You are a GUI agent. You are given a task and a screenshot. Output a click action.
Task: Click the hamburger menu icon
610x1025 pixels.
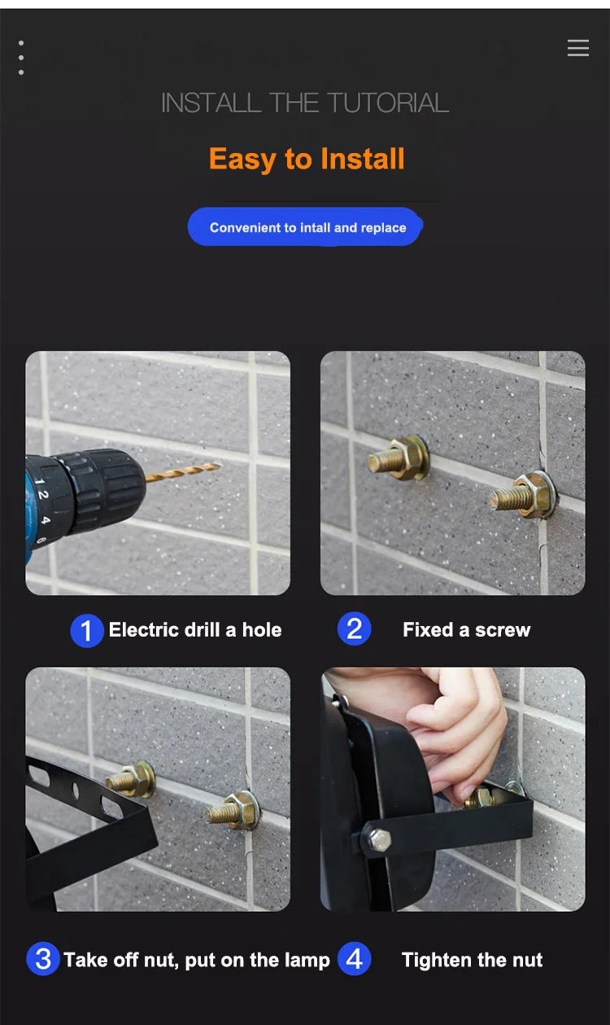(578, 47)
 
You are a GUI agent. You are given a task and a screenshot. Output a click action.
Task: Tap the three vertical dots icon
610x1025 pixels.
(21, 58)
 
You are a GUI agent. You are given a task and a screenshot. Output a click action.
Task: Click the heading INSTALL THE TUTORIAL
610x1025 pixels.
(305, 103)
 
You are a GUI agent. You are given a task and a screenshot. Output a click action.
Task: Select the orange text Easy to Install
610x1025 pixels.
(307, 159)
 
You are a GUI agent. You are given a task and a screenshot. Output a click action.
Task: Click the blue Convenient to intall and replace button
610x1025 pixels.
(305, 227)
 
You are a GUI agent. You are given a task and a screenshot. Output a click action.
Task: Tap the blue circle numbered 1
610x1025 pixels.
(87, 631)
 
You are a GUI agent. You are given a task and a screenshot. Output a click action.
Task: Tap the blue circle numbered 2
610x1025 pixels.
(355, 629)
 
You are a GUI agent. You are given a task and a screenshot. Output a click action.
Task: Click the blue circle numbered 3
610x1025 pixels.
(43, 959)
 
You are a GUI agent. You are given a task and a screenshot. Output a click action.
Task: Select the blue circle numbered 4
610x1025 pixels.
(355, 958)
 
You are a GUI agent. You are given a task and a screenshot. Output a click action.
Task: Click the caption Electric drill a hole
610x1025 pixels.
(195, 630)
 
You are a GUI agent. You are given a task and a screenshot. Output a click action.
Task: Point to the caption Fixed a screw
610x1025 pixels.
(466, 630)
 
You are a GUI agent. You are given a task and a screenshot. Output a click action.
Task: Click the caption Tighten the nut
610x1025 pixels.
(472, 960)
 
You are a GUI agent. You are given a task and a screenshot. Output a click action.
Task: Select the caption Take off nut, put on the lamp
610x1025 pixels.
(197, 960)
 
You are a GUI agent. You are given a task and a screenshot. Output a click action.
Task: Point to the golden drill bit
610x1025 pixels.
(183, 471)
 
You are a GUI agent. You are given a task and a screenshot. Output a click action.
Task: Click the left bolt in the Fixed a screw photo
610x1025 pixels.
(399, 458)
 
